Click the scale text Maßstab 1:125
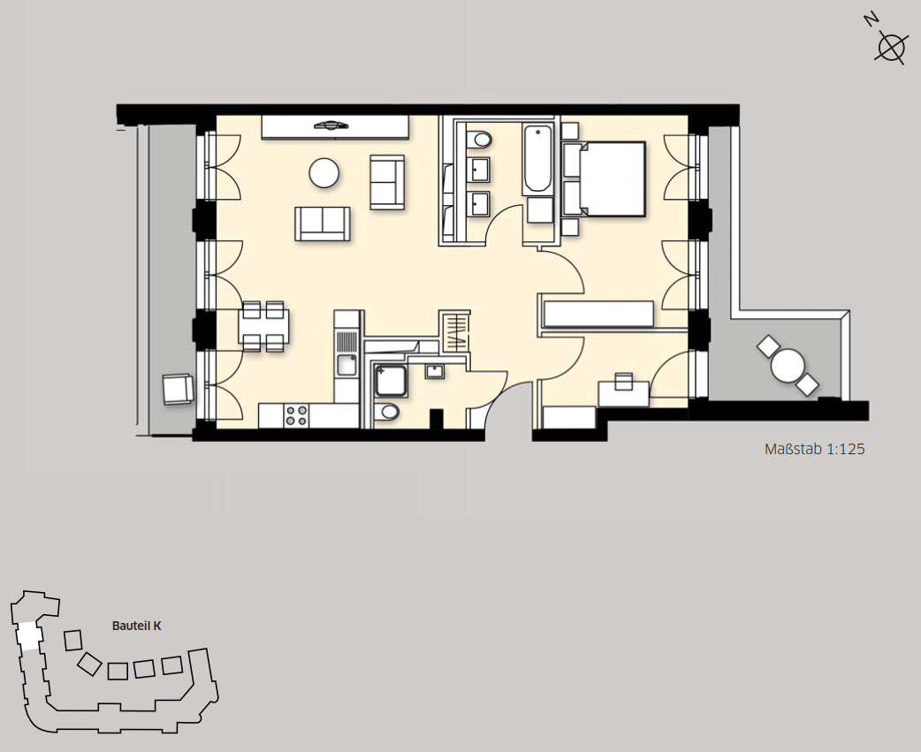[x=814, y=449]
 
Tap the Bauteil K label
[x=136, y=626]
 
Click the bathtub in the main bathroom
[x=537, y=159]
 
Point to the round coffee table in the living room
[x=323, y=173]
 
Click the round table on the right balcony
[x=788, y=365]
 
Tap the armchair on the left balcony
[x=178, y=389]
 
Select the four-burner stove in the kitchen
[x=296, y=415]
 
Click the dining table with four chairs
[x=263, y=326]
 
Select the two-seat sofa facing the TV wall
[x=323, y=224]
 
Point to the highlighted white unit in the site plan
[x=27, y=636]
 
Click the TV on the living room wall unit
[x=331, y=125]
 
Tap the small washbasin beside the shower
[x=435, y=371]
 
